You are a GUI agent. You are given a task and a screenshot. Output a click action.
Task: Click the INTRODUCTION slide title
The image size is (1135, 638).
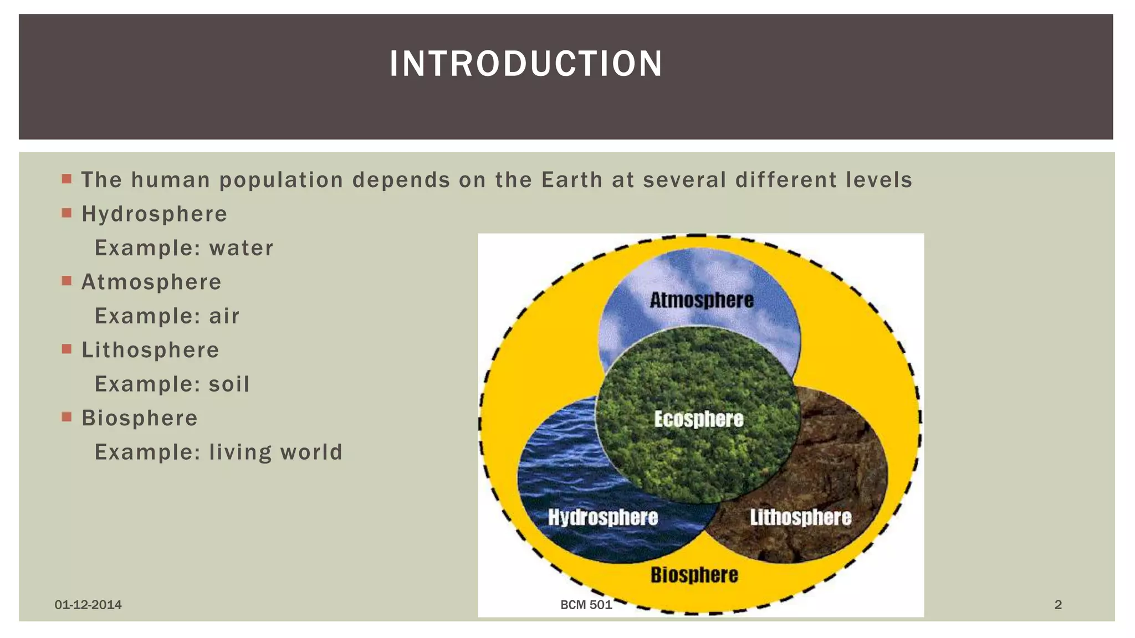coord(526,64)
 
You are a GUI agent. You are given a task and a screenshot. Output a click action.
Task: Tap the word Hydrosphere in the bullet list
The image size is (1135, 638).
coord(155,214)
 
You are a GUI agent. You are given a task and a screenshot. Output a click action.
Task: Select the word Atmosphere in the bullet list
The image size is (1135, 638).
coord(151,282)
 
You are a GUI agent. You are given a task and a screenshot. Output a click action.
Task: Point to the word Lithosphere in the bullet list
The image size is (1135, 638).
coord(151,350)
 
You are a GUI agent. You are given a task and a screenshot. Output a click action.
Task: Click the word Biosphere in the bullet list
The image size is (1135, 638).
coord(140,418)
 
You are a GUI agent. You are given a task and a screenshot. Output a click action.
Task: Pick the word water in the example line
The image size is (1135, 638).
coord(241,248)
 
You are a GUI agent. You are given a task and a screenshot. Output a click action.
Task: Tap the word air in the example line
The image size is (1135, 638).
coord(224,316)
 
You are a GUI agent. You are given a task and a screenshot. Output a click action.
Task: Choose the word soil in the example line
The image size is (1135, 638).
coord(229,384)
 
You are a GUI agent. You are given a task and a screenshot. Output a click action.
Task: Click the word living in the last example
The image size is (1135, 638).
coord(241,452)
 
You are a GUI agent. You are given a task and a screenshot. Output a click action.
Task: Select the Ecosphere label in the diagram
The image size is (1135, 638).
coord(698,419)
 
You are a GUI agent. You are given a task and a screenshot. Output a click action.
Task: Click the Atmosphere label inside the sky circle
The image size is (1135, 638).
coord(702,301)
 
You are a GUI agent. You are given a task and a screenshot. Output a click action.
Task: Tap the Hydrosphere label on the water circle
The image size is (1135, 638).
coord(603,517)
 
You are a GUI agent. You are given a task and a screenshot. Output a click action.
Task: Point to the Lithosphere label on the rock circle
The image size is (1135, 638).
coord(801,517)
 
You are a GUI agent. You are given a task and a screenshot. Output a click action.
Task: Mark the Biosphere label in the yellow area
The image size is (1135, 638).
coord(694,575)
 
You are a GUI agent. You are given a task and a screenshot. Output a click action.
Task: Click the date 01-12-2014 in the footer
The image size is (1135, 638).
coord(88,605)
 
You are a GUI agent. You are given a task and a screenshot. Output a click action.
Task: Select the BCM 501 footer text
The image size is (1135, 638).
coord(586,605)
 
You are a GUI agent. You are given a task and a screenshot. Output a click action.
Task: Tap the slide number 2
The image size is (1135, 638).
coord(1058,605)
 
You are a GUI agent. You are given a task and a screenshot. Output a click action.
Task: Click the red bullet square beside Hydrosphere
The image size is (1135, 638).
coord(67,213)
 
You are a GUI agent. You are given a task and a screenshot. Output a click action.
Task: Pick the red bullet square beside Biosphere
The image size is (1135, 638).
coord(67,417)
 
